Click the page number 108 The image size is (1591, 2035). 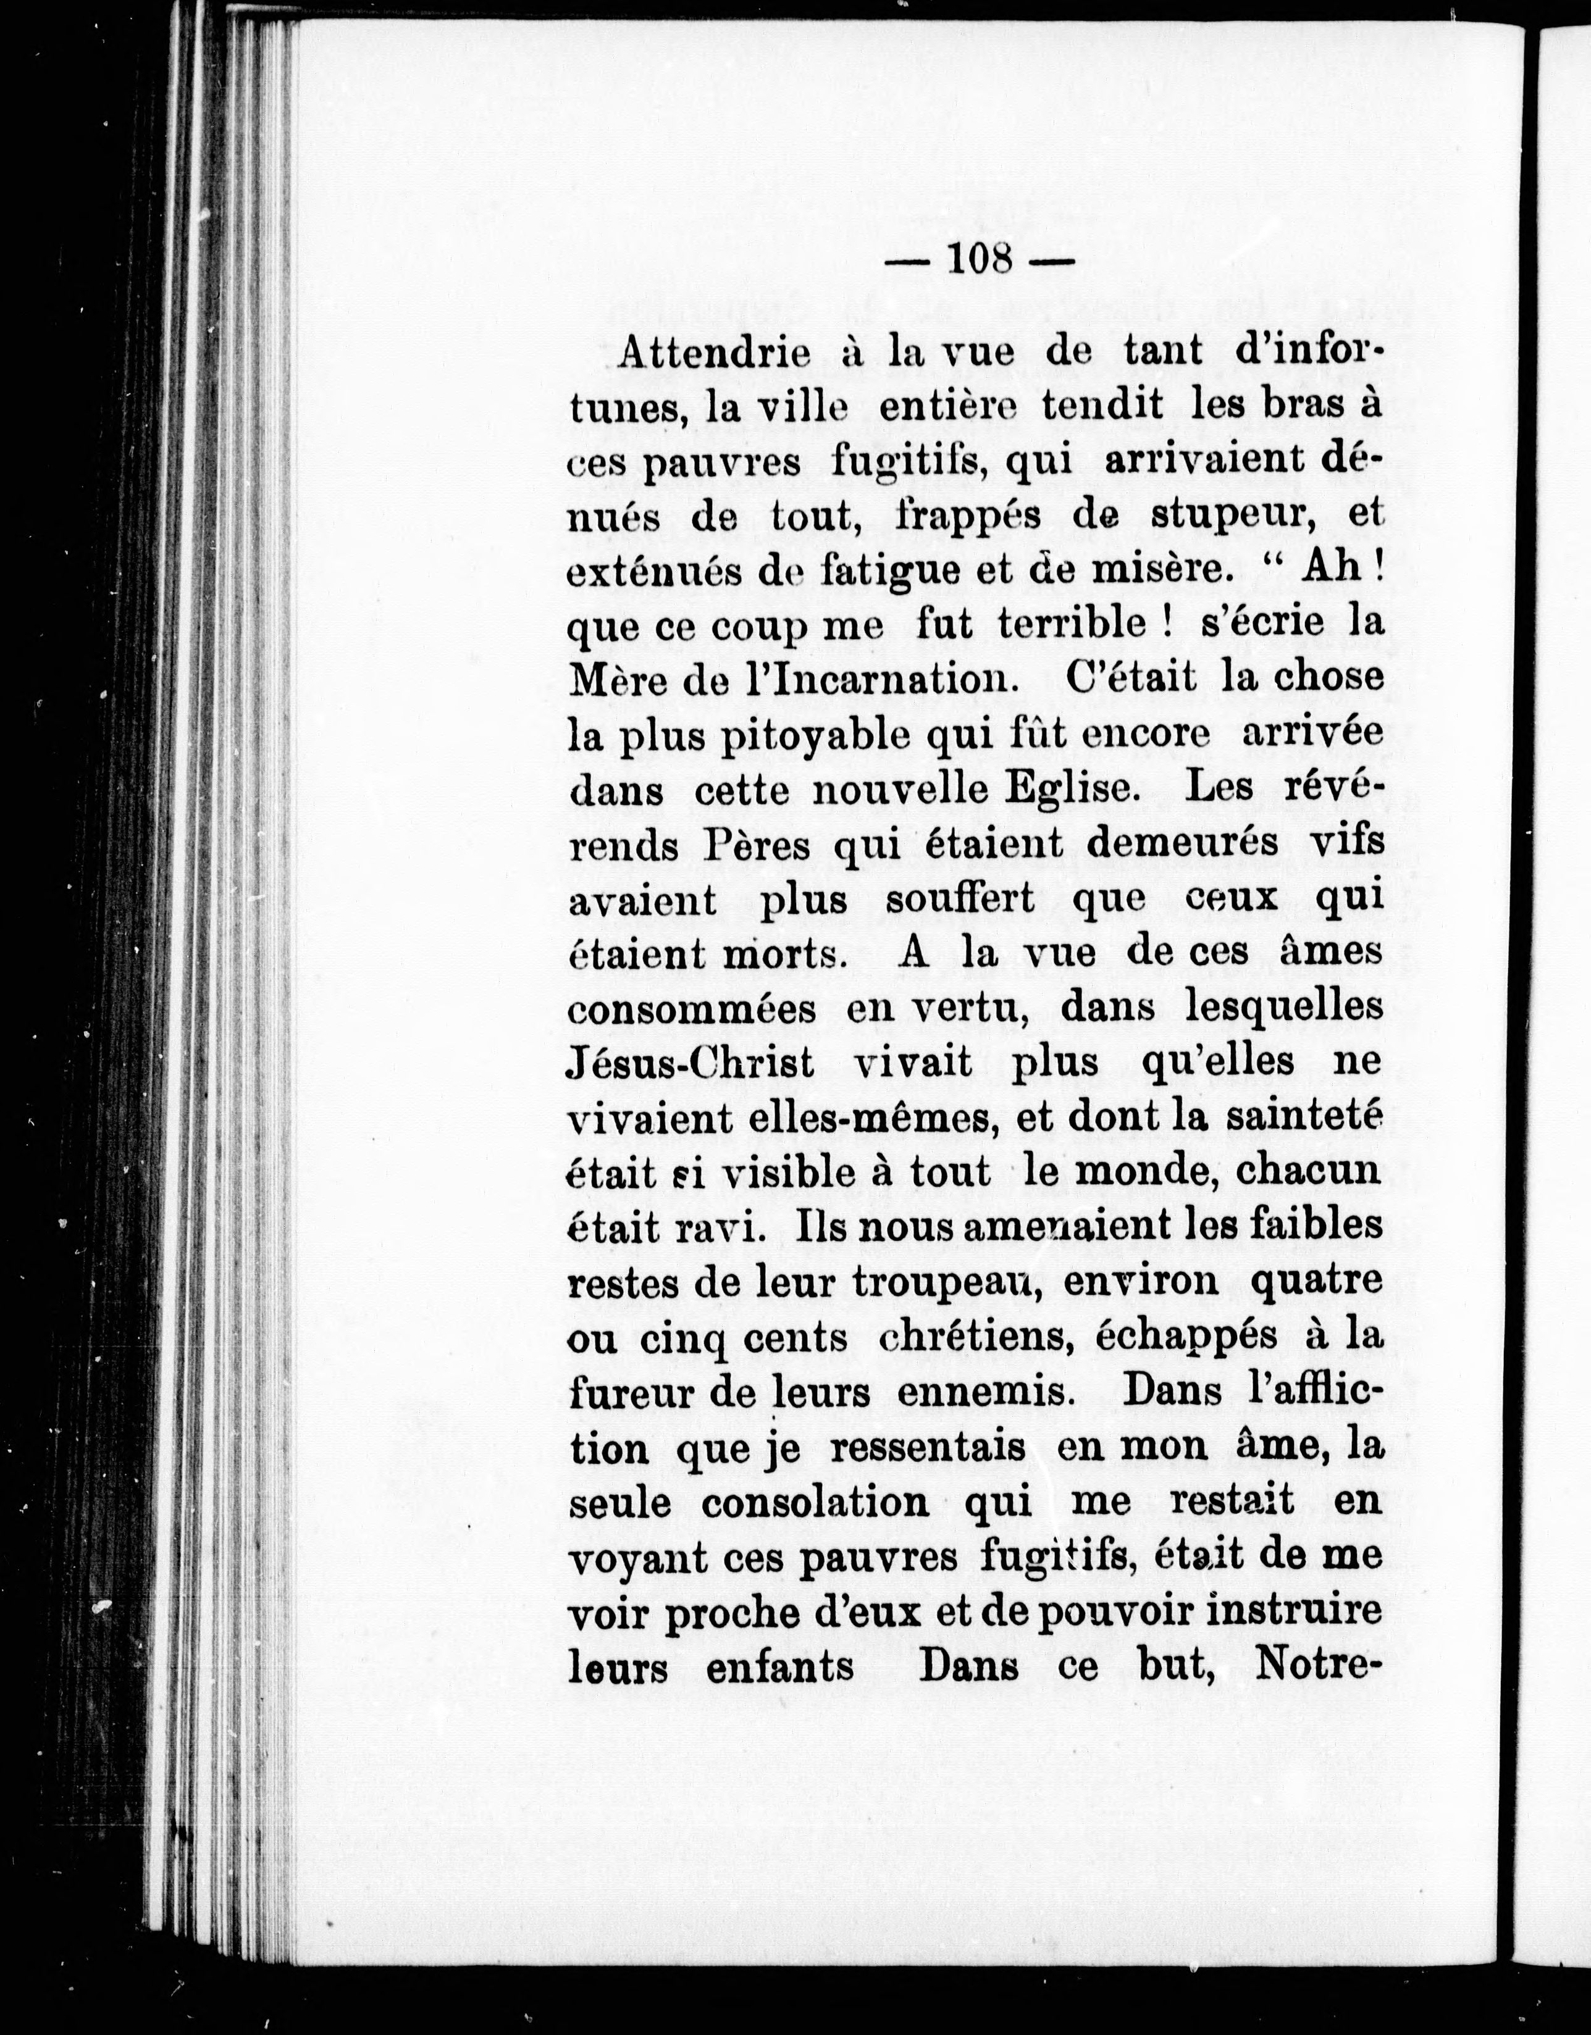pos(980,258)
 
